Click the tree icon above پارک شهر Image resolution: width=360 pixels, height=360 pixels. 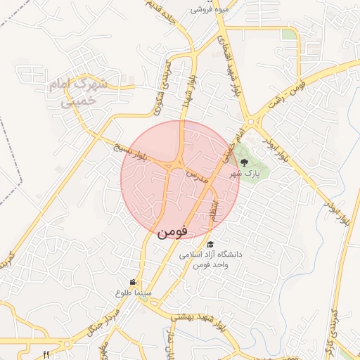click(244, 162)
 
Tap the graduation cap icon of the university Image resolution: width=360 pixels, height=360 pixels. click(210, 244)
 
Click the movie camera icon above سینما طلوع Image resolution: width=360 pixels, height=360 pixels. click(133, 281)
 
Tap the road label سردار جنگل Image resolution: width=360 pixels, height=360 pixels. click(98, 321)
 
